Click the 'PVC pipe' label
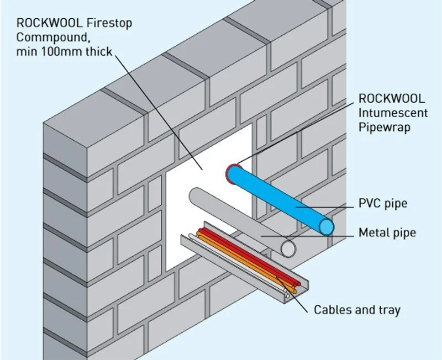click(x=383, y=204)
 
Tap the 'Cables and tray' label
click(x=357, y=310)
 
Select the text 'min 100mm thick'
click(x=64, y=52)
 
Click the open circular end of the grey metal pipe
click(x=288, y=248)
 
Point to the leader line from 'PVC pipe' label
click(x=326, y=208)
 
